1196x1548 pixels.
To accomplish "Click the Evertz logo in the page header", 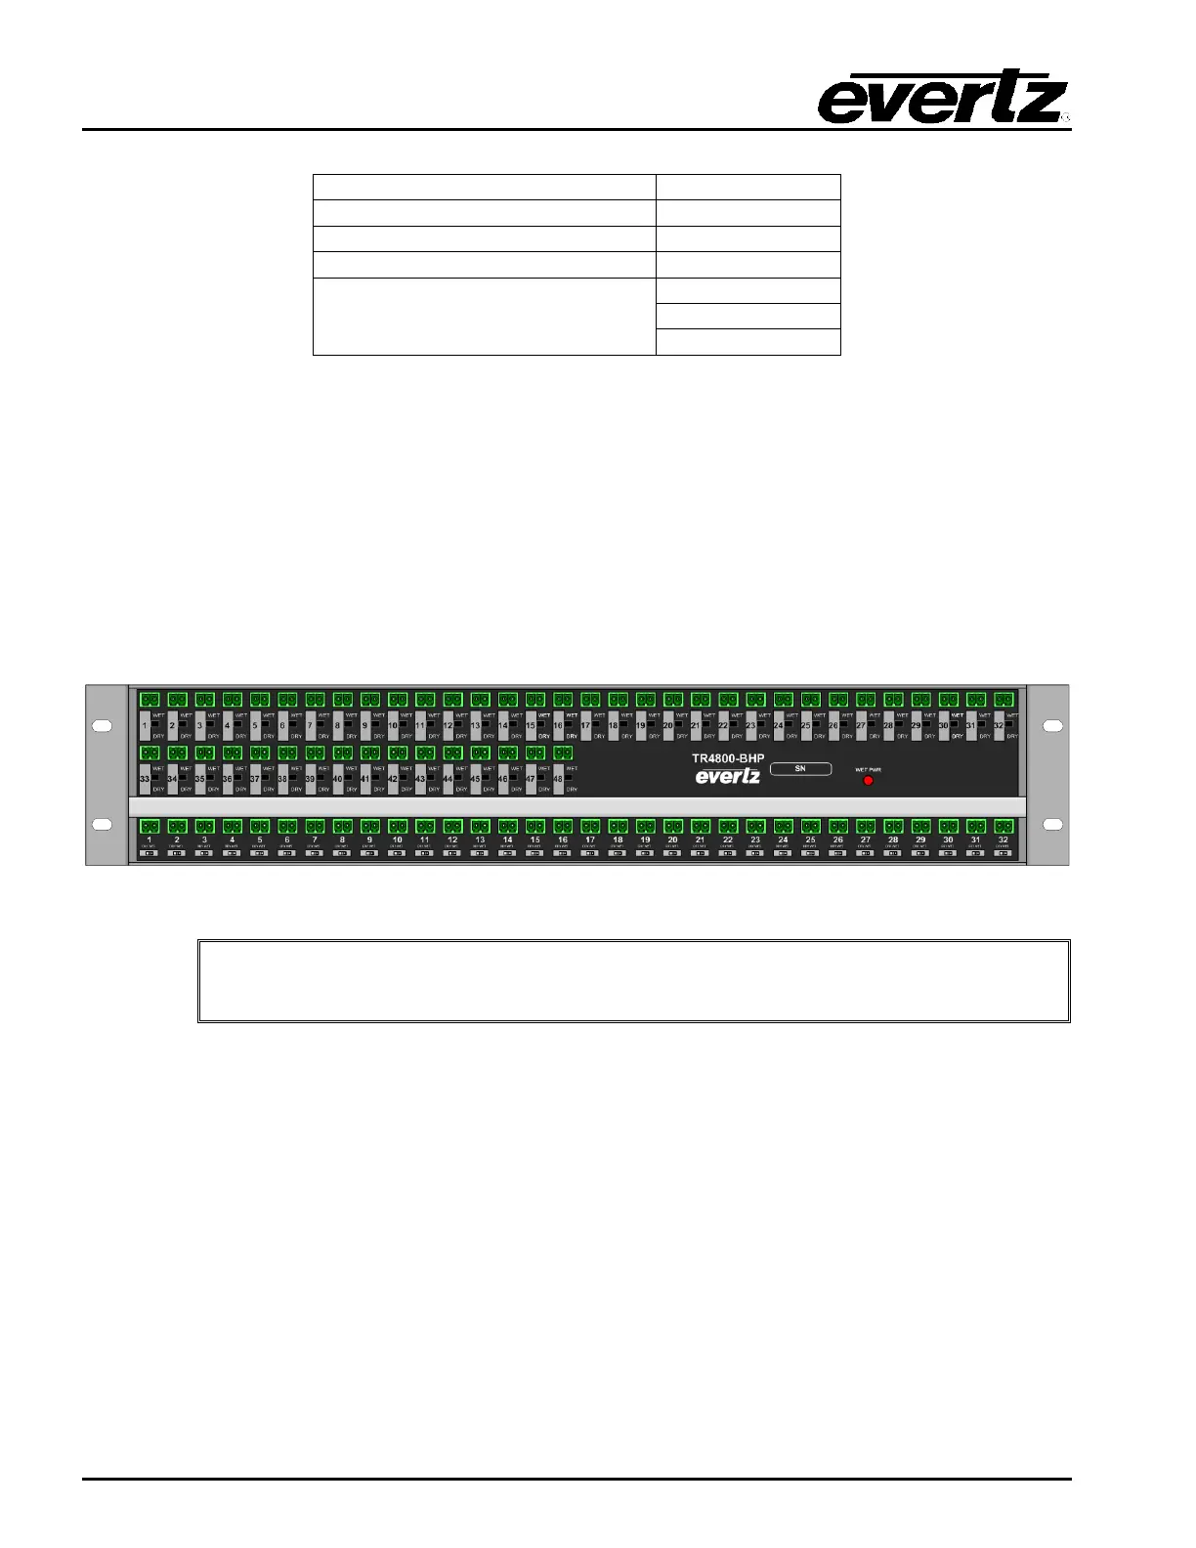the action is tap(942, 97).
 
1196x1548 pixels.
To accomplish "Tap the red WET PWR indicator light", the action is tap(868, 781).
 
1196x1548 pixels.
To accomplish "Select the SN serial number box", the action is tap(800, 769).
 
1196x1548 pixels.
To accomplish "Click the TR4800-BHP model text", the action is tap(728, 758).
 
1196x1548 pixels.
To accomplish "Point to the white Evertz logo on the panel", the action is tap(727, 777).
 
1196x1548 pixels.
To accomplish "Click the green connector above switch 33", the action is tap(149, 753).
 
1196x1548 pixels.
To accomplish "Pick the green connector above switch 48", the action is tap(563, 753).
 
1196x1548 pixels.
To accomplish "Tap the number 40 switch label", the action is tap(337, 779).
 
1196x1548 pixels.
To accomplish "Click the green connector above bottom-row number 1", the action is tap(149, 827).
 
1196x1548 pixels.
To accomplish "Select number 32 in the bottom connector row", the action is tap(1003, 840).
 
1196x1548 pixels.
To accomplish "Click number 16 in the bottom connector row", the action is tap(563, 840).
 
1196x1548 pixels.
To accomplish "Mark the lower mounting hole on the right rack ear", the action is tap(1052, 825).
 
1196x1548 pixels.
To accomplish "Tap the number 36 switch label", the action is tap(227, 779).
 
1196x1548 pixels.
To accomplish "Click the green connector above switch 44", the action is tap(452, 753).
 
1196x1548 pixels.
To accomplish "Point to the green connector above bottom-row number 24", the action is tap(783, 827).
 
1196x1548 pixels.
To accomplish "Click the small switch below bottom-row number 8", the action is tap(342, 853).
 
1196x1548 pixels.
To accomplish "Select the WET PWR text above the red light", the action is tap(868, 769).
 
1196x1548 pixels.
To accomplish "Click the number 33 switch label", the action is tap(145, 779).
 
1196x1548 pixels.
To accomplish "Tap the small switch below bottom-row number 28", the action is tap(893, 853).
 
